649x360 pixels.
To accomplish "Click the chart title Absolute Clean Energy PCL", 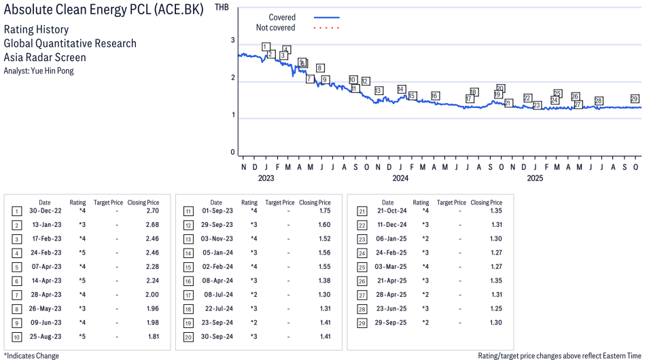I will (103, 10).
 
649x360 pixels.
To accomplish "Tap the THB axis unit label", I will (222, 7).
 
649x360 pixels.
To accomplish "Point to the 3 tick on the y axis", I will (232, 41).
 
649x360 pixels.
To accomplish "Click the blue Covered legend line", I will (326, 17).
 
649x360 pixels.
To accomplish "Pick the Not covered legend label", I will (275, 28).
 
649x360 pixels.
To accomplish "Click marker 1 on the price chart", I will (265, 47).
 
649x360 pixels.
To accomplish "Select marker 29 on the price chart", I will (635, 98).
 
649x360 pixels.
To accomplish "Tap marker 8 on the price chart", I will (319, 68).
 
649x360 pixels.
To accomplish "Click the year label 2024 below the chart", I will (400, 179).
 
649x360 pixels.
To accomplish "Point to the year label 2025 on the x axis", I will (535, 179).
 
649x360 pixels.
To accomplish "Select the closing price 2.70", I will (152, 211).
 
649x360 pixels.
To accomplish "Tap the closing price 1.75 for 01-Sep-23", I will (323, 211).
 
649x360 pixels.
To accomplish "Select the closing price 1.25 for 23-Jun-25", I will (495, 309).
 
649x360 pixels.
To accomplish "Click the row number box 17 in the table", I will (188, 295).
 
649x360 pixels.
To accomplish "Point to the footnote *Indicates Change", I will (31, 355).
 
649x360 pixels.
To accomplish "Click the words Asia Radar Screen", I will (45, 57).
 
